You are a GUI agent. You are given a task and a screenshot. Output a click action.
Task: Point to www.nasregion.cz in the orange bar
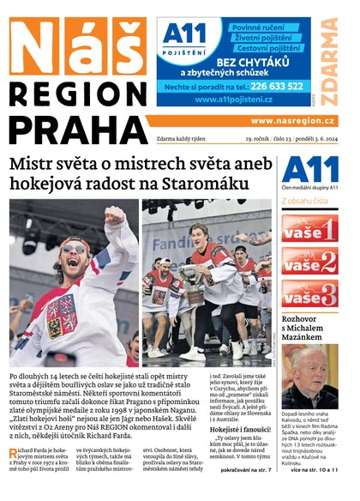tap(292, 121)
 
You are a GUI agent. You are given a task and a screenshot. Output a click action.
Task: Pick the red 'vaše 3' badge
tap(309, 294)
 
